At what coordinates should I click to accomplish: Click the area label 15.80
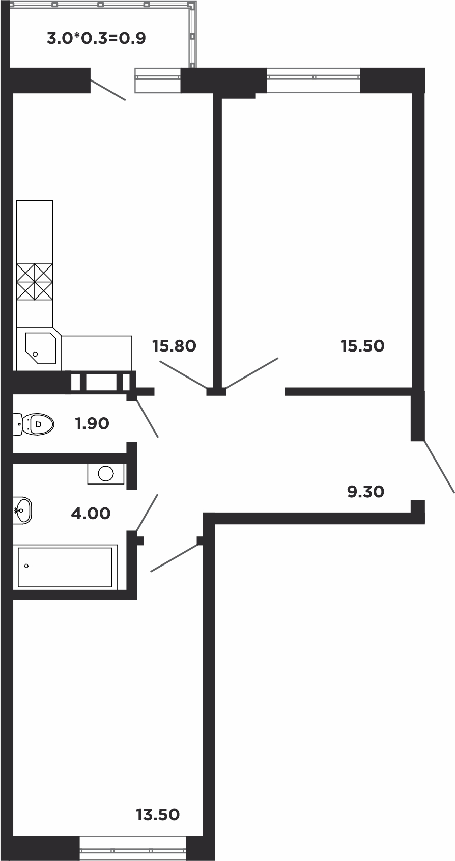[x=174, y=346]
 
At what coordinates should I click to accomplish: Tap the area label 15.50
[x=362, y=346]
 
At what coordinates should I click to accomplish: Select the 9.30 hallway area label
[x=365, y=492]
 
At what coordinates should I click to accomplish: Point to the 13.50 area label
[x=158, y=815]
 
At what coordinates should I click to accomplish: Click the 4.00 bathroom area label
[x=91, y=513]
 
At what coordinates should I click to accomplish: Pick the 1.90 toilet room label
[x=92, y=423]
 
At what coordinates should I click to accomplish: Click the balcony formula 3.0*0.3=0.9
[x=96, y=38]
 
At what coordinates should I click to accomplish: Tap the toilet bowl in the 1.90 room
[x=34, y=424]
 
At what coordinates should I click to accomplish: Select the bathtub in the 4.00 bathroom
[x=65, y=567]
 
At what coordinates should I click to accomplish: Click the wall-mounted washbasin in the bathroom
[x=22, y=510]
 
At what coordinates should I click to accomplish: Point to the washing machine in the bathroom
[x=105, y=474]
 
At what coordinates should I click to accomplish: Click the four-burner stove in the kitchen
[x=35, y=282]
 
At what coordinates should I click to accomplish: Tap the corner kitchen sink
[x=40, y=347]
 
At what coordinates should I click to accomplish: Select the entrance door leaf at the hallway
[x=439, y=467]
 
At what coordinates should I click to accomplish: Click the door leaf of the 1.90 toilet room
[x=148, y=418]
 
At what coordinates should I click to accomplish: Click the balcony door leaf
[x=108, y=90]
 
